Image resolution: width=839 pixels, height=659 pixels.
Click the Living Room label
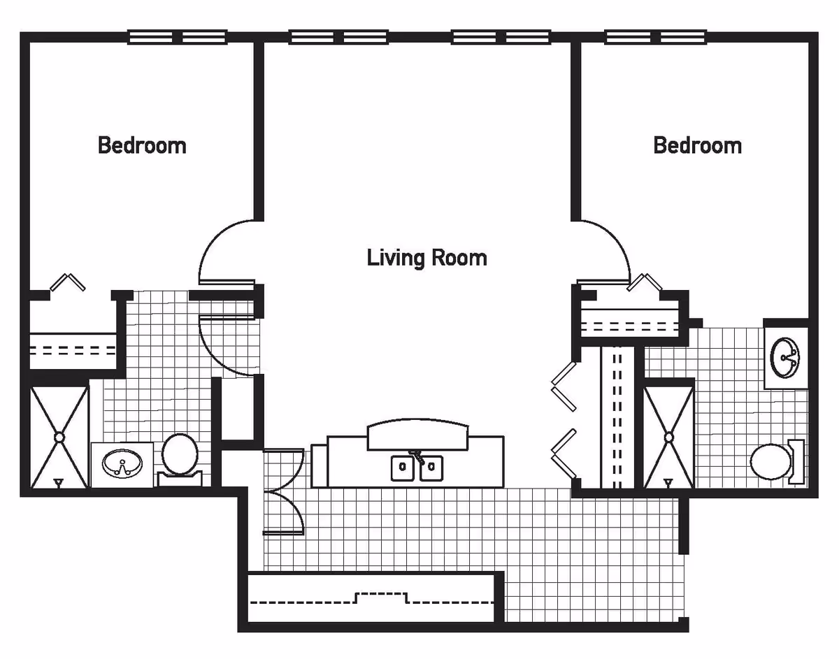tap(426, 258)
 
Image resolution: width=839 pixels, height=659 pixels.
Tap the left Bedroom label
tap(142, 145)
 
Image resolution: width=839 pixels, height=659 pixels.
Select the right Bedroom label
tap(697, 145)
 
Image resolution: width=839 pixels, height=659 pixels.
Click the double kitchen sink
tap(417, 468)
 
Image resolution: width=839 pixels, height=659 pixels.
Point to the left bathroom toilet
tap(180, 460)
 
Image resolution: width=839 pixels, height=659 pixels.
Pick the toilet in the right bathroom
tap(776, 461)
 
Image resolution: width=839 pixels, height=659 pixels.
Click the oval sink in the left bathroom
tap(122, 463)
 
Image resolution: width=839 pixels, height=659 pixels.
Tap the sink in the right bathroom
tap(785, 357)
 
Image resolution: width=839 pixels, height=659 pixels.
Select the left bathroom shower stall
tap(59, 437)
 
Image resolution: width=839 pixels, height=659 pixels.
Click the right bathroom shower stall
tap(668, 437)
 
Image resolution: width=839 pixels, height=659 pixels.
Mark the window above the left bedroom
tap(177, 38)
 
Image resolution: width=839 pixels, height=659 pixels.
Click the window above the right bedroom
tap(655, 38)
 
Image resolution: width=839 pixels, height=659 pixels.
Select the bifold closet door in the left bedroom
tap(68, 282)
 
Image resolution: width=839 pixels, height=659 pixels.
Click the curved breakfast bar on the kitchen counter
tap(418, 435)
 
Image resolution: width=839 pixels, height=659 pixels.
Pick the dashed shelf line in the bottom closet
tap(371, 598)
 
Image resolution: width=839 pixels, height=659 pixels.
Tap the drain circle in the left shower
tap(59, 437)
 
